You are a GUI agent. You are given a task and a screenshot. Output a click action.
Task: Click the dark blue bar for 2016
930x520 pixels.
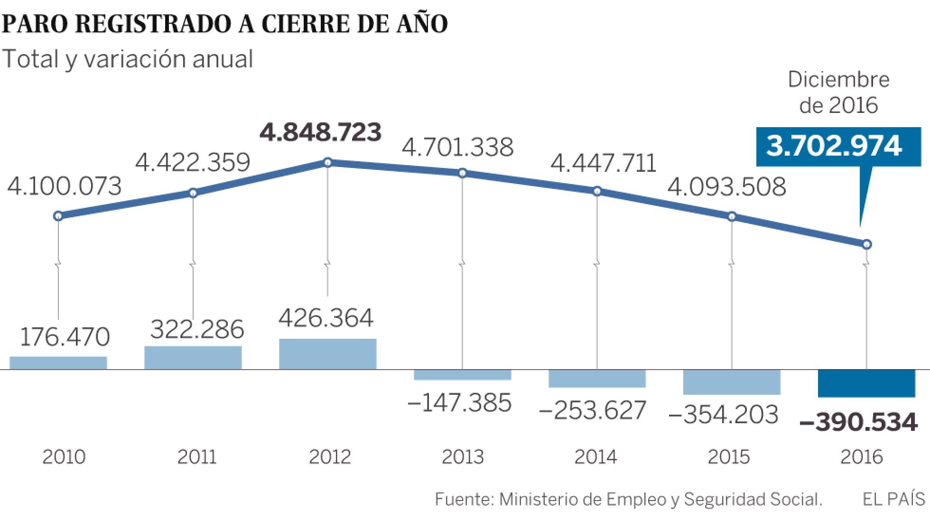click(866, 383)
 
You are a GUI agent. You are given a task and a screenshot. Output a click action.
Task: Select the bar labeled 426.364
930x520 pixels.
click(327, 354)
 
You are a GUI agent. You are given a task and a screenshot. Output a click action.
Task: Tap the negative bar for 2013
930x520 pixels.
click(462, 374)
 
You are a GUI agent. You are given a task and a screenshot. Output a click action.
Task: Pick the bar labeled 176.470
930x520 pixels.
click(58, 363)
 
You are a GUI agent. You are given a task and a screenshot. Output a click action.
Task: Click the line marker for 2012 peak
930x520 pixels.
click(327, 163)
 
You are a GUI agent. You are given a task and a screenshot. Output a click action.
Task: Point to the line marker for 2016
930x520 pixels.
click(866, 244)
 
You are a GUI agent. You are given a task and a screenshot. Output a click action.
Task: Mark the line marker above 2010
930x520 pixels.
click(58, 216)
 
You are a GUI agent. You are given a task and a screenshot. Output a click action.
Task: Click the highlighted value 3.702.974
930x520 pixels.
click(834, 146)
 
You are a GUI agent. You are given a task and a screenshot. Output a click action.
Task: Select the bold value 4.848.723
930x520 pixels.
click(321, 132)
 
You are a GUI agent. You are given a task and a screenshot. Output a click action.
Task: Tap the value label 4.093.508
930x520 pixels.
click(726, 187)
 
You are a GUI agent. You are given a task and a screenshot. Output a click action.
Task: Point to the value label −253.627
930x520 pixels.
click(593, 411)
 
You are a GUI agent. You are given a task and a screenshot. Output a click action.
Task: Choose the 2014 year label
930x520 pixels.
click(595, 457)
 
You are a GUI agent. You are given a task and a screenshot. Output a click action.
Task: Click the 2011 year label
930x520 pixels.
click(197, 457)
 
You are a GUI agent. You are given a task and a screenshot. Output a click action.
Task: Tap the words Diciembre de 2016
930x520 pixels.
click(838, 93)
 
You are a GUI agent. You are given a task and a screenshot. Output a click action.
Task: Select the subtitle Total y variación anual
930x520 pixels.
click(127, 59)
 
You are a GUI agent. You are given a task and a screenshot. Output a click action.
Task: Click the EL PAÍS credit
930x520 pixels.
click(894, 500)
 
